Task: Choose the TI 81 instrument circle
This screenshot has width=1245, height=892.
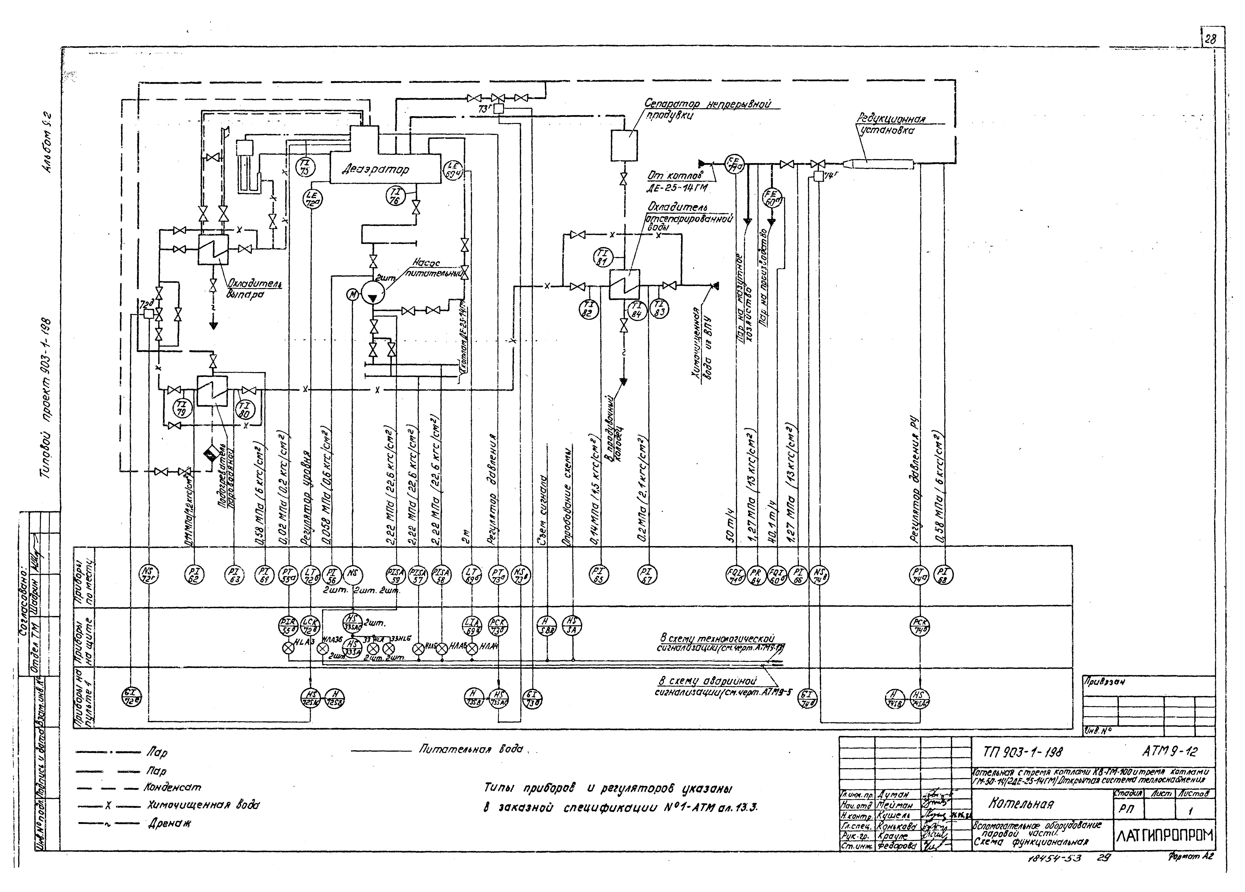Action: pos(602,257)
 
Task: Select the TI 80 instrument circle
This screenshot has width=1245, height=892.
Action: pos(245,408)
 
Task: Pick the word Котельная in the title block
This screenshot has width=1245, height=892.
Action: pos(1021,804)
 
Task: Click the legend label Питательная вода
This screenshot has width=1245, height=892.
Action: pos(470,749)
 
